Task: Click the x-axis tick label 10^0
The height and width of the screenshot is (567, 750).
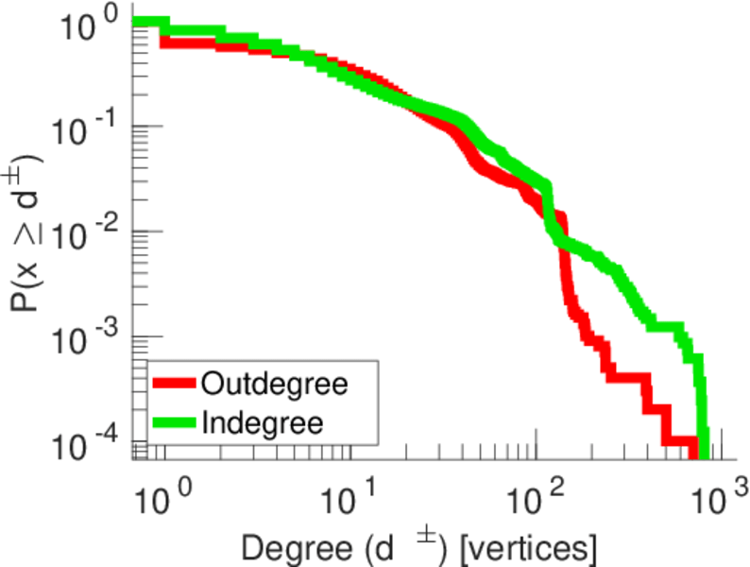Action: click(x=164, y=496)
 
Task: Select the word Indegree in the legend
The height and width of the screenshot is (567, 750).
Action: click(x=262, y=422)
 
